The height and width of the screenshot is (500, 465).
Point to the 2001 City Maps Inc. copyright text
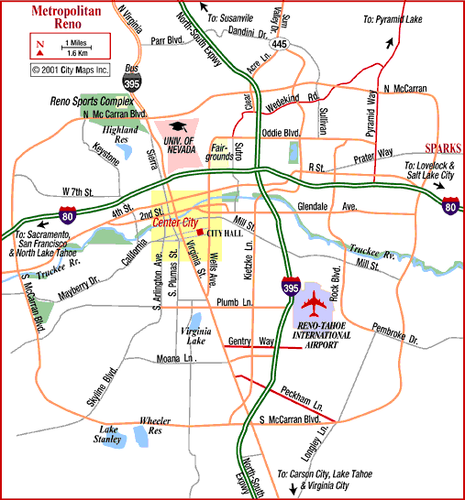[x=69, y=68]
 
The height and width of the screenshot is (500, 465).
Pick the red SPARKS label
[x=444, y=148]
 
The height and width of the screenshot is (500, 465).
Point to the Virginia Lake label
[x=194, y=333]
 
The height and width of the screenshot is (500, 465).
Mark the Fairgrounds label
[x=223, y=150]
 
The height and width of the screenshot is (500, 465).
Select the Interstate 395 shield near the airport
[x=289, y=286]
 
